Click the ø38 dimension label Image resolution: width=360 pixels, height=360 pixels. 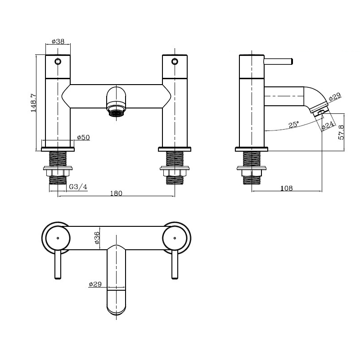point(58,41)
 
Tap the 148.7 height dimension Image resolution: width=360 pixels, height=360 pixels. point(33,103)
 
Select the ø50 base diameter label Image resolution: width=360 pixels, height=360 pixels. point(83,137)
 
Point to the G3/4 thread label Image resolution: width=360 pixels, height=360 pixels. point(78,187)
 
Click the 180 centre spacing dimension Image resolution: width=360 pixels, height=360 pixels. point(116,193)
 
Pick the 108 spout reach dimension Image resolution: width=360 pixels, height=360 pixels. point(287,188)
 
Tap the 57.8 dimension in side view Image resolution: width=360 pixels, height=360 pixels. point(341,132)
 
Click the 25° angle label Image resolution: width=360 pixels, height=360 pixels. point(294,125)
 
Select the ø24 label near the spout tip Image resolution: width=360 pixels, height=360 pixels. point(328,125)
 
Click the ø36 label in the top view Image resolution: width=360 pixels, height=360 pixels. point(97,238)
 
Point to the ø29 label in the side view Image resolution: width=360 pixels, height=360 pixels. point(335,97)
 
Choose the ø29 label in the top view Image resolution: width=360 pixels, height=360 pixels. point(95,284)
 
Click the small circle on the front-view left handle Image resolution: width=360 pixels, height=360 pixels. point(58,62)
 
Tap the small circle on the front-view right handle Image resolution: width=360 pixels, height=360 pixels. point(175,62)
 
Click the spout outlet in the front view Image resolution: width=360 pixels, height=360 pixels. point(117,113)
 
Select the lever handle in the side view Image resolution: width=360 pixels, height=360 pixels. point(279,62)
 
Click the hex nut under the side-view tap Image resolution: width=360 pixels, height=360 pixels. point(252,173)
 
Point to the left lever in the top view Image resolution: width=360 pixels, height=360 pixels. point(58,265)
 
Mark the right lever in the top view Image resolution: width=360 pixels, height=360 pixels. point(175,265)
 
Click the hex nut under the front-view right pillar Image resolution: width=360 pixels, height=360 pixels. point(175,173)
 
